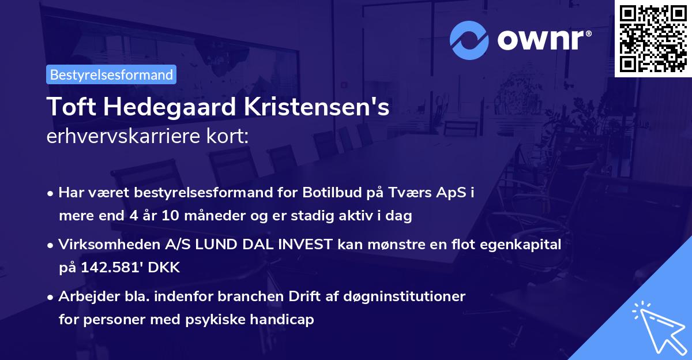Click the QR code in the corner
pos(653,38)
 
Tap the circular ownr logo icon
pos(469,40)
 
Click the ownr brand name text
pos(544,40)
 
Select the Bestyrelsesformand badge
pos(111,74)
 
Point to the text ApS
pos(452,192)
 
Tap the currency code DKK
pos(166,268)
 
